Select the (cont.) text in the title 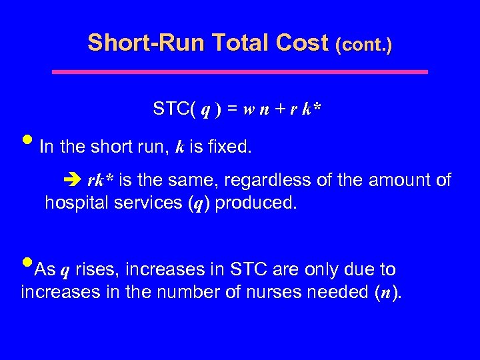point(364,45)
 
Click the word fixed point(229,147)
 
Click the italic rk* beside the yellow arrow point(100,181)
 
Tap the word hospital point(73,203)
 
